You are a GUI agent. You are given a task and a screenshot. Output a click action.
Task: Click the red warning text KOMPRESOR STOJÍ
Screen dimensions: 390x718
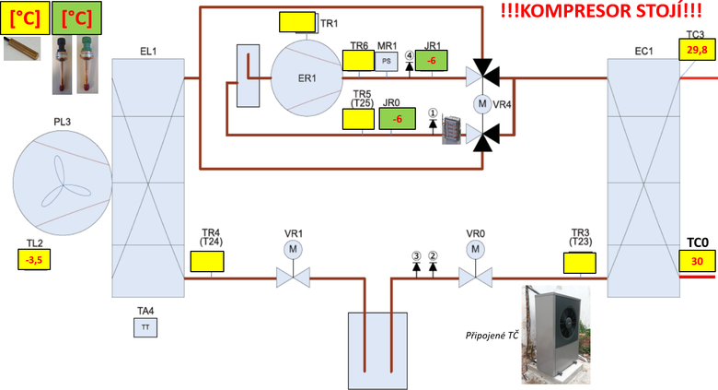tap(601, 12)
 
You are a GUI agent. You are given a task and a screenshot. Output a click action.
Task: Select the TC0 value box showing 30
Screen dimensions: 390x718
tap(697, 262)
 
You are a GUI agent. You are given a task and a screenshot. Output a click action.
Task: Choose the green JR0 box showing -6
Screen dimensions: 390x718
tap(397, 119)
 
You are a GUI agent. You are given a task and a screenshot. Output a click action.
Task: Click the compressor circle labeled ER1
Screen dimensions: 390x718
tap(307, 77)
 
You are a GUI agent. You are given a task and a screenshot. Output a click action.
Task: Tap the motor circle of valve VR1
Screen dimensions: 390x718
tap(291, 250)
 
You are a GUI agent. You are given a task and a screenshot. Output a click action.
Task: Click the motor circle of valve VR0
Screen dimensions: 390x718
tap(475, 250)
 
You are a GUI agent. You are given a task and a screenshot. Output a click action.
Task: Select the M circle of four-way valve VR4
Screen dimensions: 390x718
tap(480, 104)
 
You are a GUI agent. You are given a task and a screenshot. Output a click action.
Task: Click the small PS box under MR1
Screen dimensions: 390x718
tap(387, 61)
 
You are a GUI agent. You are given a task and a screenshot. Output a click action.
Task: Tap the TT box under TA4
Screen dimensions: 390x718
tap(145, 327)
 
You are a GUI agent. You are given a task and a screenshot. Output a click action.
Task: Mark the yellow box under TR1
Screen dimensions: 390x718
tap(296, 21)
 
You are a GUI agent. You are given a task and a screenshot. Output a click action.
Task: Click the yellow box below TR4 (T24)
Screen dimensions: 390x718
tap(207, 261)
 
